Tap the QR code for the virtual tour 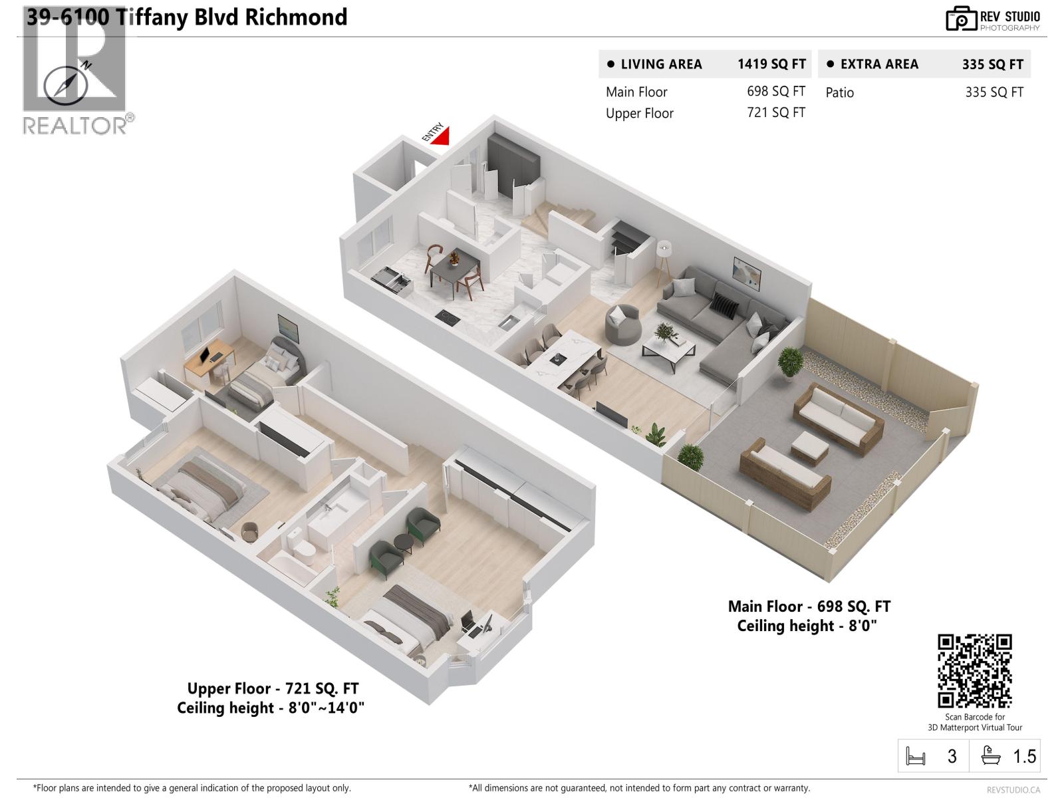coord(974,670)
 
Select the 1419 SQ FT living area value coord(771,64)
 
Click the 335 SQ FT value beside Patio coord(994,92)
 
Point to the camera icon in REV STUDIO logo coord(961,19)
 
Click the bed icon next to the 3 coord(915,756)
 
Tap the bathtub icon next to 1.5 coord(991,755)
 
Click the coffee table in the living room coord(669,353)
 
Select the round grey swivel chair coord(623,325)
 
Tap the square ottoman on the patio coord(810,448)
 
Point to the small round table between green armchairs coord(404,543)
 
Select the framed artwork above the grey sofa coord(747,274)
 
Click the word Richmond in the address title coord(296,17)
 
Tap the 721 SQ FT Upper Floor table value coord(776,112)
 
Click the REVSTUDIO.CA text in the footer coord(1013,790)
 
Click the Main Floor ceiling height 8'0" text coord(807,626)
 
